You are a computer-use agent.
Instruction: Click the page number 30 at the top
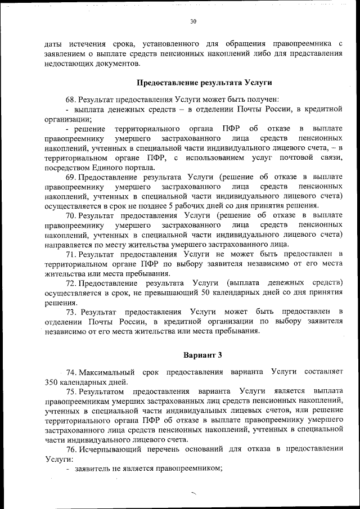193,22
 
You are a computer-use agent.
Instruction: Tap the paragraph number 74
71,372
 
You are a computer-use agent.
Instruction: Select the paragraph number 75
71,390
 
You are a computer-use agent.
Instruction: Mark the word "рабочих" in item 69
184,205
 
